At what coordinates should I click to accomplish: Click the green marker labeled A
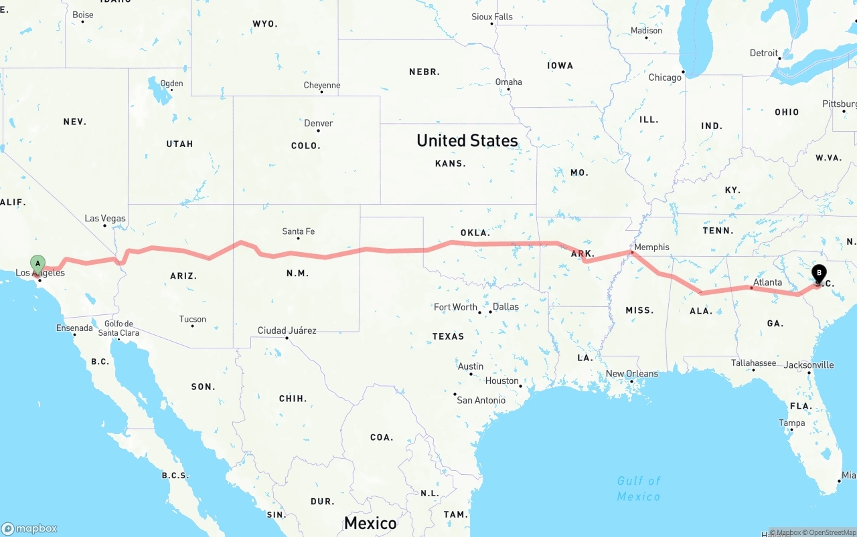pyautogui.click(x=38, y=263)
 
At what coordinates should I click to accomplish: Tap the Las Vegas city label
pyautogui.click(x=105, y=219)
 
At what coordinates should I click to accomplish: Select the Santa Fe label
pyautogui.click(x=298, y=231)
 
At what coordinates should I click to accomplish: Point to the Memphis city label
pyautogui.click(x=651, y=247)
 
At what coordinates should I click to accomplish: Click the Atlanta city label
pyautogui.click(x=767, y=282)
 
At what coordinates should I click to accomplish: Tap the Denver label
pyautogui.click(x=318, y=123)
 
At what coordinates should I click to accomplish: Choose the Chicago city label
pyautogui.click(x=665, y=78)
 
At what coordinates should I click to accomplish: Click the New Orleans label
pyautogui.click(x=631, y=374)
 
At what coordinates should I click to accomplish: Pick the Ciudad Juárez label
pyautogui.click(x=287, y=330)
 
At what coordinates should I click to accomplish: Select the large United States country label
pyautogui.click(x=467, y=140)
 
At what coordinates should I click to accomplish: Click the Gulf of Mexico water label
pyautogui.click(x=639, y=488)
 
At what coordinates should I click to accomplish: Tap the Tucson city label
pyautogui.click(x=193, y=319)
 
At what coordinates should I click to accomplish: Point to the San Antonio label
pyautogui.click(x=481, y=400)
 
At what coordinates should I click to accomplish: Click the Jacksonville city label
pyautogui.click(x=809, y=365)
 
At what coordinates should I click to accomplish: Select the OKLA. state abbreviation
pyautogui.click(x=475, y=233)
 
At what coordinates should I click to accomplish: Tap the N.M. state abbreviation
pyautogui.click(x=297, y=274)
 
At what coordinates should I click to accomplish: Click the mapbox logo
pyautogui.click(x=29, y=528)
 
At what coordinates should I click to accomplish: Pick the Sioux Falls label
pyautogui.click(x=492, y=17)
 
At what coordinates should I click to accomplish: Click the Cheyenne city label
pyautogui.click(x=322, y=85)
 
